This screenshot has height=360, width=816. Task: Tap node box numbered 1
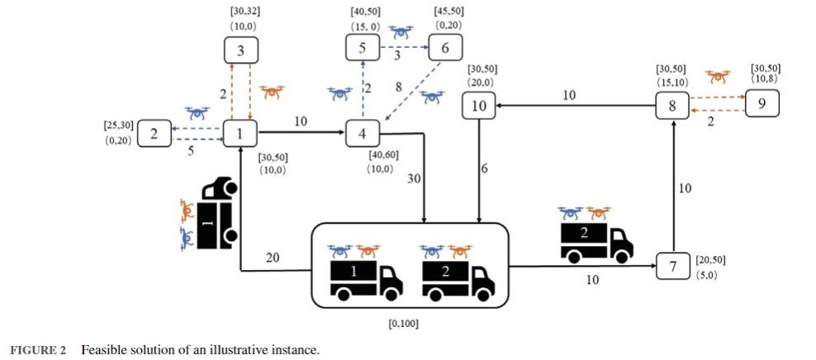click(x=240, y=132)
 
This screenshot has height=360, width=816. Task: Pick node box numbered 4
click(x=362, y=132)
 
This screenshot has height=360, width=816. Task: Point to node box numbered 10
click(x=479, y=105)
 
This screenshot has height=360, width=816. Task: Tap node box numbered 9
click(x=761, y=106)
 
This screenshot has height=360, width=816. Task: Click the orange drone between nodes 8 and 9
click(x=718, y=76)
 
